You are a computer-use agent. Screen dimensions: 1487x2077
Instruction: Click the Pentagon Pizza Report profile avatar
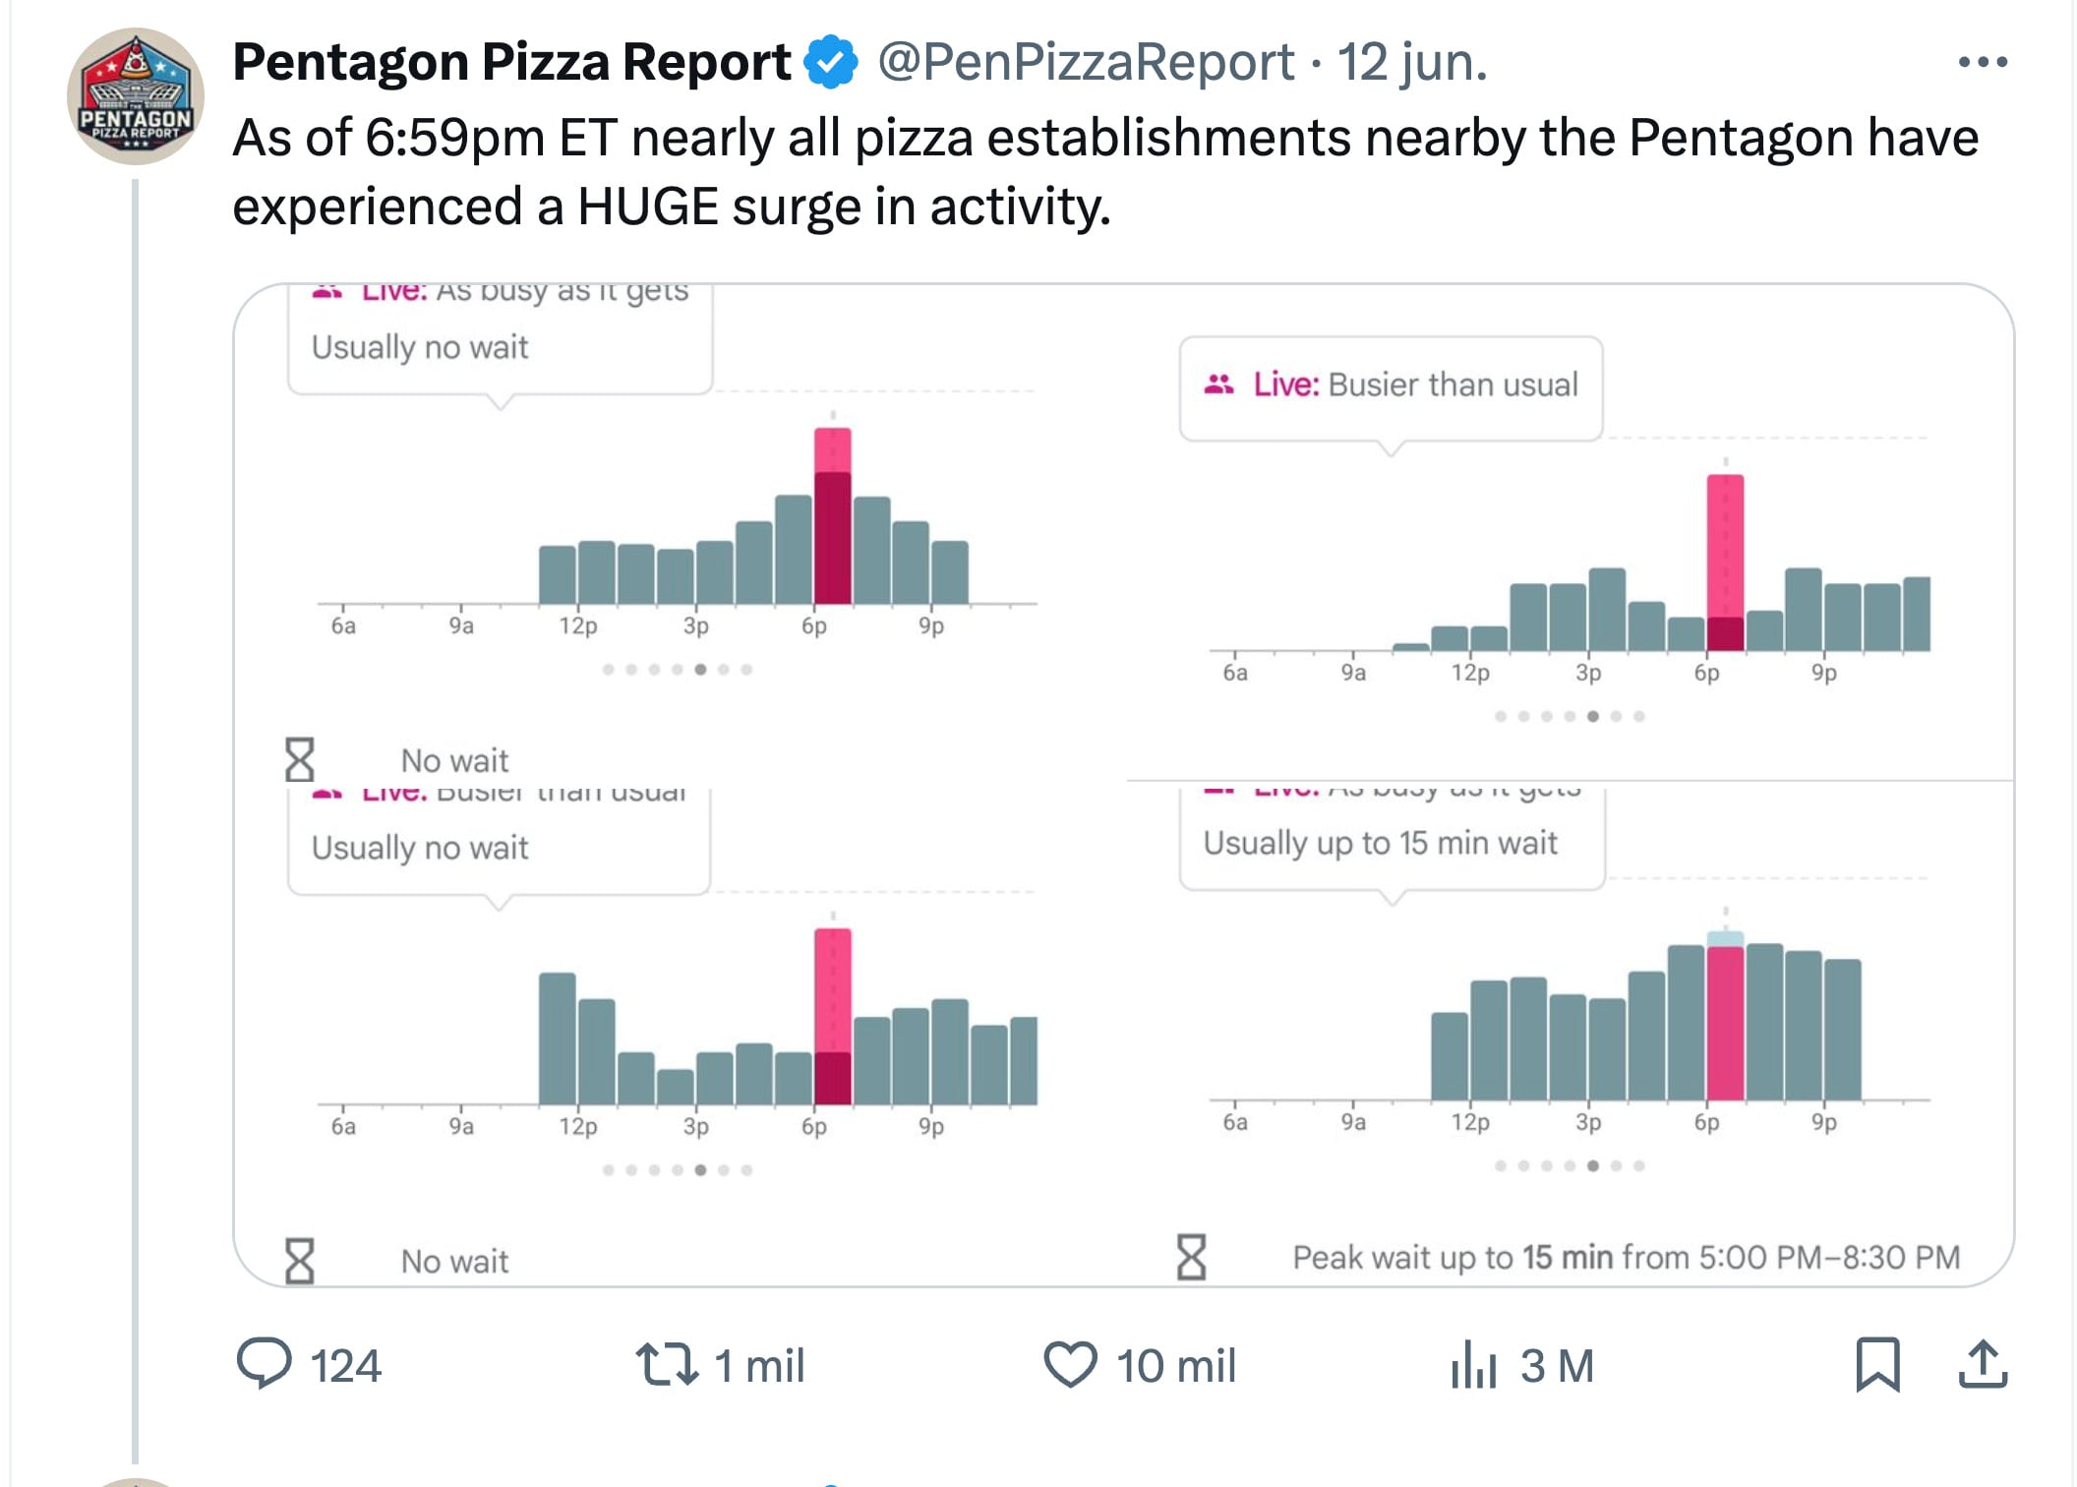click(136, 96)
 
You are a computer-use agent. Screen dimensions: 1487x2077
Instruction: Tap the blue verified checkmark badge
click(831, 62)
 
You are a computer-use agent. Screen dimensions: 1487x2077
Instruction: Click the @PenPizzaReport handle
click(1085, 62)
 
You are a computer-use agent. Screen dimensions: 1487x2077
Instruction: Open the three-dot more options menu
click(1982, 62)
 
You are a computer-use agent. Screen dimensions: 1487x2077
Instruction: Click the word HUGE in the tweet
click(648, 207)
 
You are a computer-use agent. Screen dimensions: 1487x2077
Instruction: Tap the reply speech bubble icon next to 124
click(264, 1363)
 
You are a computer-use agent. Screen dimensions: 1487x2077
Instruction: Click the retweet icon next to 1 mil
click(667, 1364)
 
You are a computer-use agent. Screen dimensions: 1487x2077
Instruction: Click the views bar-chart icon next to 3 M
click(1472, 1364)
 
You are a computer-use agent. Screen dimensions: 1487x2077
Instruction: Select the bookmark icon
click(1876, 1364)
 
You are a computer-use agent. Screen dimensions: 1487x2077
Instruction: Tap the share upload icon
click(1982, 1364)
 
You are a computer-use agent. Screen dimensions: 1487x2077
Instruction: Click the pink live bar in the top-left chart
click(832, 516)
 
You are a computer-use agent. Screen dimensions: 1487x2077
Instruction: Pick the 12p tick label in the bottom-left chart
click(578, 1126)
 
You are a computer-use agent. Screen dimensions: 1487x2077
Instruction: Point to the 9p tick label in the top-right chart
click(1823, 673)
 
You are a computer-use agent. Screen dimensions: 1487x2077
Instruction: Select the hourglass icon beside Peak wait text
click(1191, 1257)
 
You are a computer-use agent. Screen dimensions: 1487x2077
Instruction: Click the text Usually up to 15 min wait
click(1380, 843)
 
